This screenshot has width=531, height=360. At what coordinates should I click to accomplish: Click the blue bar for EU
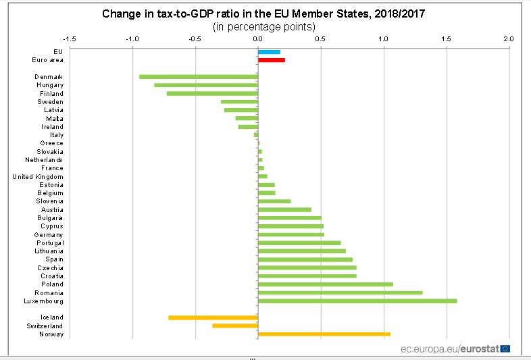click(x=269, y=52)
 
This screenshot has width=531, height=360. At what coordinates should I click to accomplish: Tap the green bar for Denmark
click(x=199, y=76)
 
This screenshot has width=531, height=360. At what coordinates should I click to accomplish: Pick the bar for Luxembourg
click(x=357, y=301)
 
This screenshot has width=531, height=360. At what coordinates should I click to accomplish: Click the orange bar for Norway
click(x=324, y=334)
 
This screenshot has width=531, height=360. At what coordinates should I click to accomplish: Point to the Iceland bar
click(x=213, y=317)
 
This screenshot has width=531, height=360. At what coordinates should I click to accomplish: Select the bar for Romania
click(x=340, y=292)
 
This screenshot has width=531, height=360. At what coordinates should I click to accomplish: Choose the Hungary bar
click(x=206, y=85)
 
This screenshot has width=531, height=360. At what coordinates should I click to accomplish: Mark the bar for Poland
click(x=325, y=284)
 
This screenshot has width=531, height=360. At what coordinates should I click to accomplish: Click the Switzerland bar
click(x=235, y=326)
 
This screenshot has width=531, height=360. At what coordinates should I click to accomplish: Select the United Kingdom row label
click(x=38, y=177)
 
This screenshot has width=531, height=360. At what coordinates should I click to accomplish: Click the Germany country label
click(x=48, y=234)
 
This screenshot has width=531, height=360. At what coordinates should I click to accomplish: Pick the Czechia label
click(x=51, y=268)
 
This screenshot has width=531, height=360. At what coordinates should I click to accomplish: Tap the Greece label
click(x=51, y=143)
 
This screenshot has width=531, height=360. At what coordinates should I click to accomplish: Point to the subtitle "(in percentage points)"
click(x=263, y=27)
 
